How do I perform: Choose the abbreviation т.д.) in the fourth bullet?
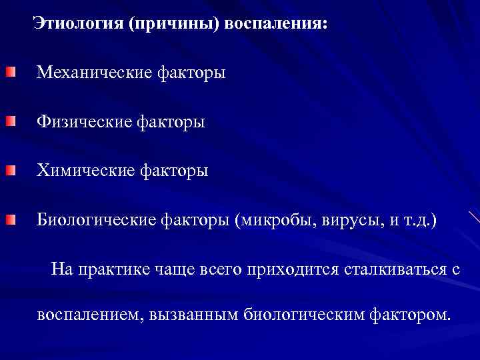pos(421,220)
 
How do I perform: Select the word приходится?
pos(297,269)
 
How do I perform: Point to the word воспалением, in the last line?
pos(85,313)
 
